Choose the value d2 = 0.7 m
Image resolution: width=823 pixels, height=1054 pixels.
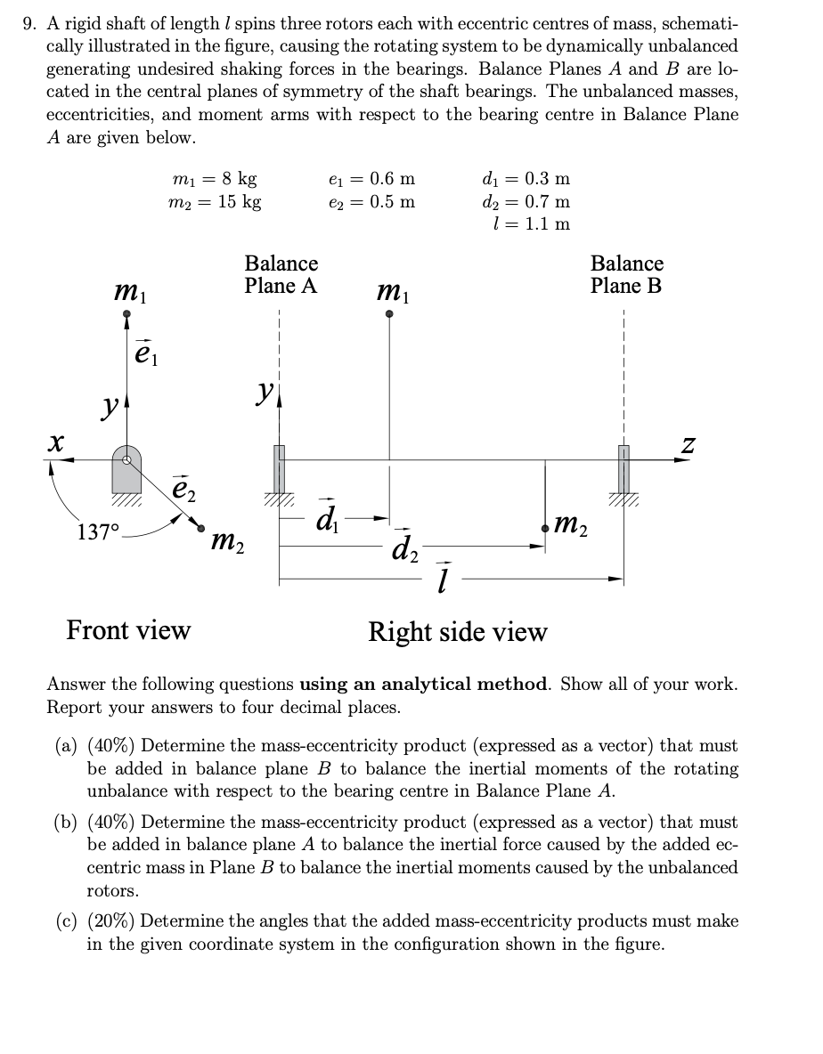[x=526, y=201]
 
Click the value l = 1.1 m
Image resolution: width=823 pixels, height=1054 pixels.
[x=532, y=223]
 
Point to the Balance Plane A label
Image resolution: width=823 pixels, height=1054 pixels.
[x=281, y=274]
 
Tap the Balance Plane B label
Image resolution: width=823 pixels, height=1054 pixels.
[x=627, y=274]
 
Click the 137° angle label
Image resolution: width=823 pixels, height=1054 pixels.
[x=97, y=533]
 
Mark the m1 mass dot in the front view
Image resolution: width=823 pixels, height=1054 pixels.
[x=127, y=313]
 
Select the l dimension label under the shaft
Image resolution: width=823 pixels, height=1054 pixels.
[x=443, y=579]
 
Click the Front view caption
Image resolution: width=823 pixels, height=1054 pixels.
[x=128, y=630]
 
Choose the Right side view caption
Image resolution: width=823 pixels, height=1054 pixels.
[x=458, y=632]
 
